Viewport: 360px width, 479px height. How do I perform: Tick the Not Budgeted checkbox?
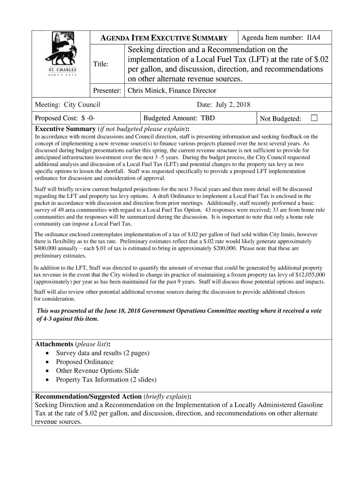314,118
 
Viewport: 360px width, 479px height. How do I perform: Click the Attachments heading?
54,344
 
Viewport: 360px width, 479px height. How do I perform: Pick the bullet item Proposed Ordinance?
85,362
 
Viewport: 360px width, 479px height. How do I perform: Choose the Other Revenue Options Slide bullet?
97,370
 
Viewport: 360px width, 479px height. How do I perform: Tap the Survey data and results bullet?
102,353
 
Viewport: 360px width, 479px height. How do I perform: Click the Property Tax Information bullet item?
106,379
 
